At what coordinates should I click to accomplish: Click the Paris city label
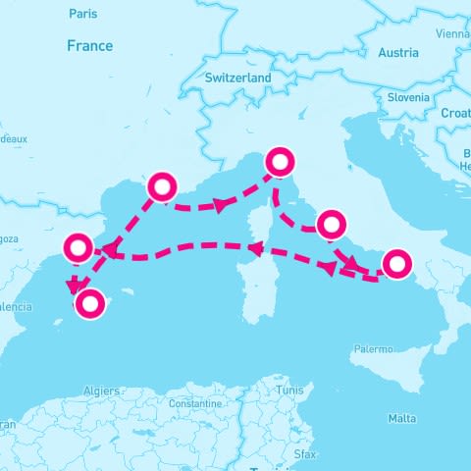83,14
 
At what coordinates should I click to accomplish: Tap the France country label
89,46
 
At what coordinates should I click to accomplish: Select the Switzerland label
238,78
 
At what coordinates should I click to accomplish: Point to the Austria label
398,53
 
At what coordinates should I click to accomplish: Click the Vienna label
453,33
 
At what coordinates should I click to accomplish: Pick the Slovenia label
407,98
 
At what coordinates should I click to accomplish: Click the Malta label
401,418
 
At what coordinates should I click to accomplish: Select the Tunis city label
289,390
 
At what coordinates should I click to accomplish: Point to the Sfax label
305,454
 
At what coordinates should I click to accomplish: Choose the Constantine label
194,403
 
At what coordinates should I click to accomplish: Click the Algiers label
102,391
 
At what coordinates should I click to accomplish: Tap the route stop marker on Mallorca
90,305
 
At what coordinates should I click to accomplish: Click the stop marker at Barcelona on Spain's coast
78,248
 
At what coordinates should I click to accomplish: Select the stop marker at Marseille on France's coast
162,186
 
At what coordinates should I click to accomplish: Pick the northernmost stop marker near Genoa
281,161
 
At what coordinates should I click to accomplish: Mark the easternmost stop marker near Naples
396,264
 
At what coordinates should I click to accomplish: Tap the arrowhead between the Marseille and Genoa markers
222,205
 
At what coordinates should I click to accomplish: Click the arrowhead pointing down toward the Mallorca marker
74,287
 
